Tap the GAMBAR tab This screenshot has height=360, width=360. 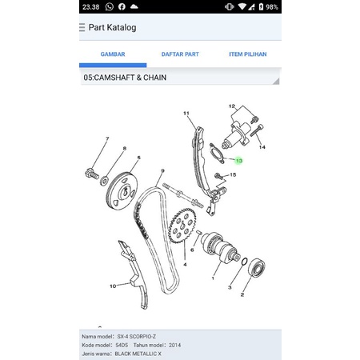pos(113,54)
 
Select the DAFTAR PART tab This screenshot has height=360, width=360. pos(180,54)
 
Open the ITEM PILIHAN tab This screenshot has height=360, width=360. pos(248,54)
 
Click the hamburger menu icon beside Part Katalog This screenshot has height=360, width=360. pos(82,27)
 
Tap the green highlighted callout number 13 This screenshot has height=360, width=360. pos(239,161)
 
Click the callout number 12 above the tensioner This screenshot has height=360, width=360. pos(232,106)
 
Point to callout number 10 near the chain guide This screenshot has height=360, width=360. pos(113,286)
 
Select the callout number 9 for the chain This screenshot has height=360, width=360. pos(162,170)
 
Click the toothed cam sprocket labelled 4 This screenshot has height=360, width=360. pos(182,226)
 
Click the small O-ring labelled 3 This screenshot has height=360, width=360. pos(245,262)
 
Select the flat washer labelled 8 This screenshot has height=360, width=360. pos(104,181)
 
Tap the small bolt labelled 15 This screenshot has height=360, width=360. pos(218,176)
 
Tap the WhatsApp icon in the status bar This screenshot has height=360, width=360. pos(110,6)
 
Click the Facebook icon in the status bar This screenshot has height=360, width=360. pos(122,6)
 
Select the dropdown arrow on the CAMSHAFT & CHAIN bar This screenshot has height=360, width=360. pos(277,81)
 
